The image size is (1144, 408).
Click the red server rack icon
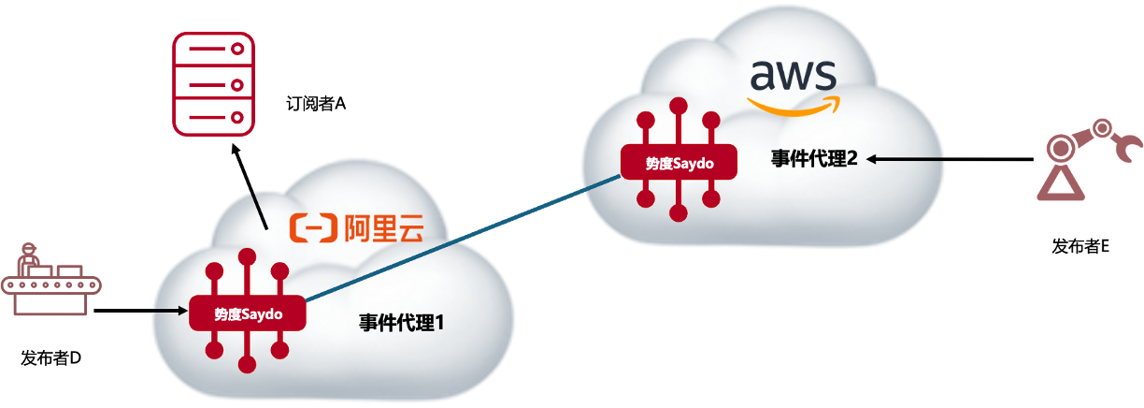[213, 83]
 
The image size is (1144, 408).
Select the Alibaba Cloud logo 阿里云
[356, 227]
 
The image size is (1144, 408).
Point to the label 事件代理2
[814, 159]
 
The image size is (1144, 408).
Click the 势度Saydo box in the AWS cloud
[679, 163]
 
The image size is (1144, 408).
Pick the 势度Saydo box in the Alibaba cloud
[248, 313]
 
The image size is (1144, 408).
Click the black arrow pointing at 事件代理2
[907, 160]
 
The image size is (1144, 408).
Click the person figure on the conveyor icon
[29, 255]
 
